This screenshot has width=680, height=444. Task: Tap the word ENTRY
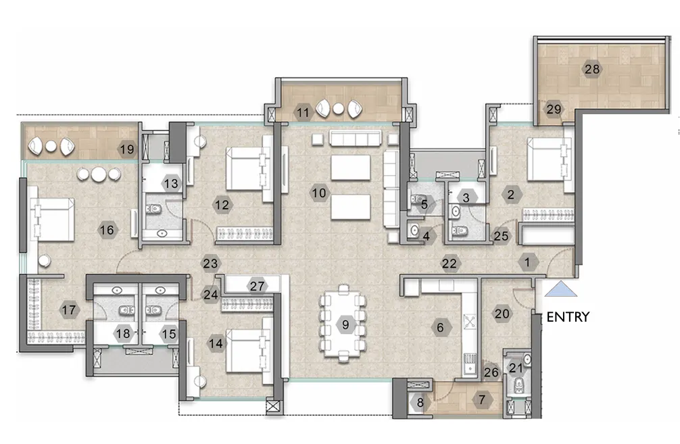[x=568, y=316]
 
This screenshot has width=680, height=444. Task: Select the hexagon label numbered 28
[x=592, y=70]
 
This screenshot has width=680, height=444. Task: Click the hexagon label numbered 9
[x=345, y=325]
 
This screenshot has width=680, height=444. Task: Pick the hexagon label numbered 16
[x=107, y=230]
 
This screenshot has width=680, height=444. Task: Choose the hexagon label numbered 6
[x=440, y=328]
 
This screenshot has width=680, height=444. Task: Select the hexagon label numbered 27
[x=256, y=285]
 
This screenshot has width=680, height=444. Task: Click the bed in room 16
[x=52, y=219]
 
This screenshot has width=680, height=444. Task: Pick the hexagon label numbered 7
[x=482, y=400]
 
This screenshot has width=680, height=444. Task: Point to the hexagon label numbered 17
[x=69, y=310]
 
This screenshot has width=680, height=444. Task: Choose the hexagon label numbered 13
[x=172, y=184]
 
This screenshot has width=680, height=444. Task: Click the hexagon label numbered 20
[x=502, y=313]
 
